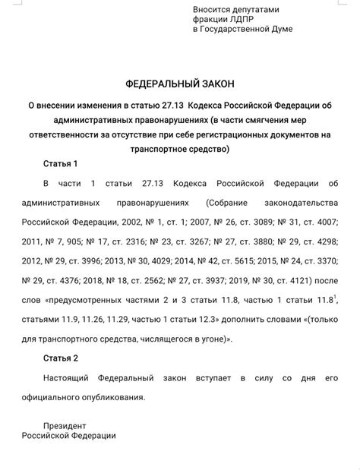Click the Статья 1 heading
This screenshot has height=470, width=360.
pyautogui.click(x=60, y=164)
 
